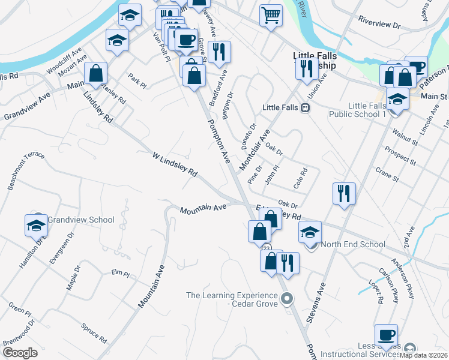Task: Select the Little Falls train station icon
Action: [305, 108]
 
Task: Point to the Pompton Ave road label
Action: [219, 142]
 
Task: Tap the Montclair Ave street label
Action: [255, 151]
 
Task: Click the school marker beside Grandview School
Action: [36, 225]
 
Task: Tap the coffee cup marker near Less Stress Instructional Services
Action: [386, 335]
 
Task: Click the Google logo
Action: [20, 353]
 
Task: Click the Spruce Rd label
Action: [94, 334]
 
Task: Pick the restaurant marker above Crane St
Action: [344, 193]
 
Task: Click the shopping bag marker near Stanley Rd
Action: [95, 73]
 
